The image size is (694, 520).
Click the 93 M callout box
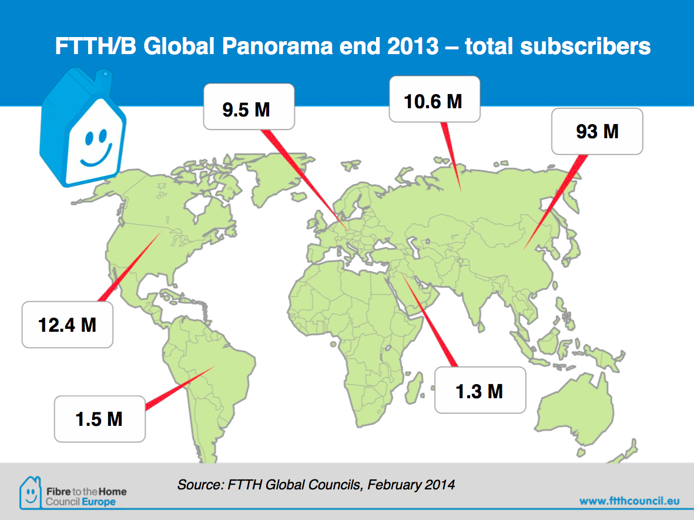tap(597, 131)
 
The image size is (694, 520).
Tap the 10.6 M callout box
tap(435, 99)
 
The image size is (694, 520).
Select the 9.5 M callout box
tap(249, 106)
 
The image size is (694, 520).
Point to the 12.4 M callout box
tap(67, 325)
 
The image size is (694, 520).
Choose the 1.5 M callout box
tap(99, 419)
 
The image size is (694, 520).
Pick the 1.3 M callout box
tap(480, 390)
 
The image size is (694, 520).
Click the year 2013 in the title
tap(413, 46)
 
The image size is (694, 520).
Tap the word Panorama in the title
tap(277, 46)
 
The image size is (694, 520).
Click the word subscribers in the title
tap(585, 46)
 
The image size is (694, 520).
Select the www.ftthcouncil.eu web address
tap(629, 501)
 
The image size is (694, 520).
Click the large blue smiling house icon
tap(83, 128)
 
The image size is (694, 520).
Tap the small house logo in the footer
tap(31, 492)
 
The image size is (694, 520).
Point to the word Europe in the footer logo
tap(99, 502)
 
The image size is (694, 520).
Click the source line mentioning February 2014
tap(316, 485)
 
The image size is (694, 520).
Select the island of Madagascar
tap(413, 388)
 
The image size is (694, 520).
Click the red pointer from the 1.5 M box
tap(180, 387)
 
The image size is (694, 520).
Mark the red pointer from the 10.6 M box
tap(451, 157)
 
